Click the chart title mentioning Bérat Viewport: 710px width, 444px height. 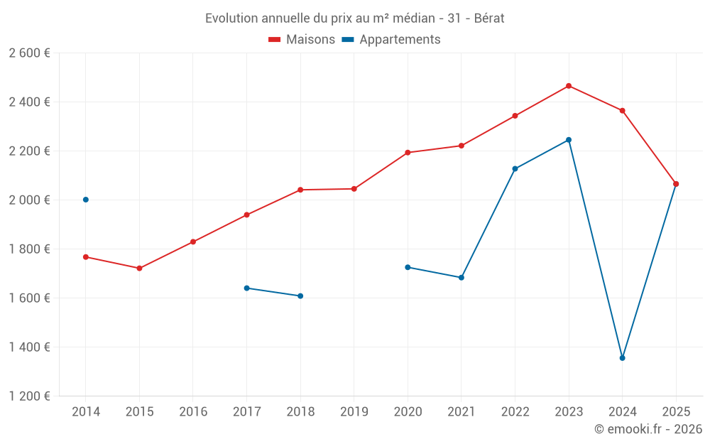coord(354,18)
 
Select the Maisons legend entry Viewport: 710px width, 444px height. coord(302,40)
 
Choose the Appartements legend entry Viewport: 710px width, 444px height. coord(391,40)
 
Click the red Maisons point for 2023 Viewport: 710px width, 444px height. coord(569,86)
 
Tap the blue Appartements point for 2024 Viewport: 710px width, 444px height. coord(623,358)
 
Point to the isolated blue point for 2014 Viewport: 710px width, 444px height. coord(86,200)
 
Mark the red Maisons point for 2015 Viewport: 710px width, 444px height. coord(139,269)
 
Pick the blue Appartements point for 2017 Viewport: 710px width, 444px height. coord(246,288)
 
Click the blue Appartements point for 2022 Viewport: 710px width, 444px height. coord(515,169)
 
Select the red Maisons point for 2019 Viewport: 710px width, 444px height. coord(354,189)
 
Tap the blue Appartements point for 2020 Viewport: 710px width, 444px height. coord(408,267)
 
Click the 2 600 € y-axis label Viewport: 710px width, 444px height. coord(29,53)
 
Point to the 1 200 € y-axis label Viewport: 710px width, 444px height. coord(29,396)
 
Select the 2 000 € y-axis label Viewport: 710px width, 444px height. coord(29,200)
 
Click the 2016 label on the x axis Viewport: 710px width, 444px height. coord(193,412)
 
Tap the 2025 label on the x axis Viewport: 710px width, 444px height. coord(676,412)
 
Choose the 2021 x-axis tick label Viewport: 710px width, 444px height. coord(461,412)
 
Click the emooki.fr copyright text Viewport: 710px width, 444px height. coord(648,429)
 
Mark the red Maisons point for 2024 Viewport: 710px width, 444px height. coord(623,111)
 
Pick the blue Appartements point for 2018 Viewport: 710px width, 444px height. coord(300,296)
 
